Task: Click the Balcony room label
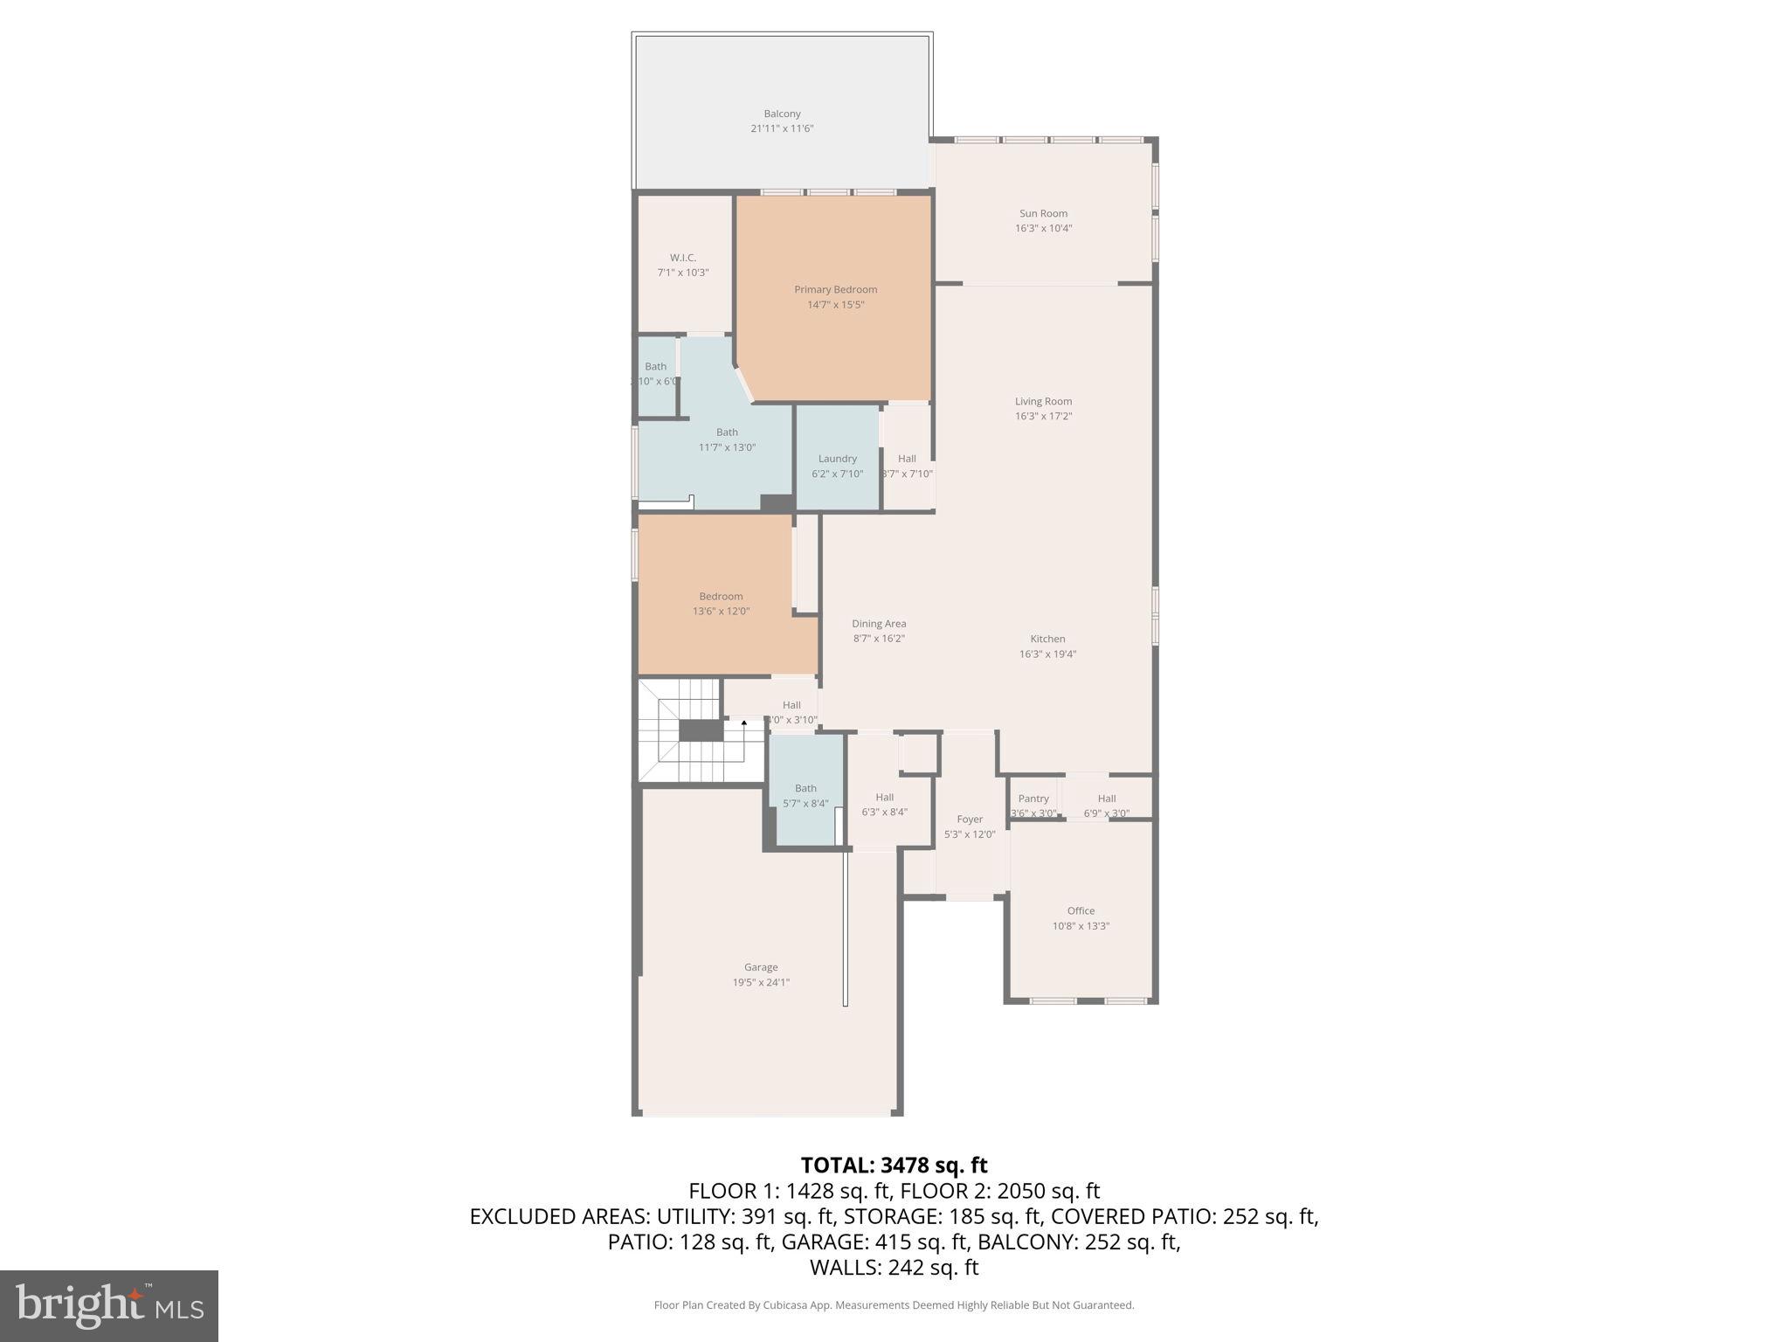[782, 114]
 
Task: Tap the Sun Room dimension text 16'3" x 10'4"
[1043, 228]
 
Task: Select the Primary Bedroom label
[835, 289]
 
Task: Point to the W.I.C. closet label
[683, 258]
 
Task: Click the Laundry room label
[837, 459]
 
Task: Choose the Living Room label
[1043, 401]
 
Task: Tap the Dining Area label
[879, 624]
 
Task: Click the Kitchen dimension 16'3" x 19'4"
[1047, 654]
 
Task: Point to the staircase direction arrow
[743, 723]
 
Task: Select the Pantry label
[1033, 799]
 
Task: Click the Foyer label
[970, 820]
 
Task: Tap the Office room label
[1081, 910]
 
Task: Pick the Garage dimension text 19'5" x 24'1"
[761, 982]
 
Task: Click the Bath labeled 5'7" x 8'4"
[805, 788]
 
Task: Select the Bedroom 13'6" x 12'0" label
[721, 597]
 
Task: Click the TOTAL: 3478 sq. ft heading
[894, 1165]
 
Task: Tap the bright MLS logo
[109, 1306]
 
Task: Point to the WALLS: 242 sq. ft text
[894, 1267]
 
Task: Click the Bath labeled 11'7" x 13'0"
[727, 432]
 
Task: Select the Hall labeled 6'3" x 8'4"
[884, 797]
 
